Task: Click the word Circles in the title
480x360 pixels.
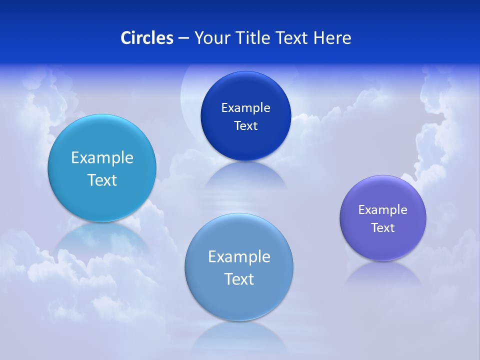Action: (147, 38)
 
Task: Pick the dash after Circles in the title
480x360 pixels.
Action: (183, 38)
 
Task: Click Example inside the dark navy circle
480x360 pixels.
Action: (245, 108)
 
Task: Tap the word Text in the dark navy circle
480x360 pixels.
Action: (245, 126)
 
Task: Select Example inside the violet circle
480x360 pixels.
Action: (382, 210)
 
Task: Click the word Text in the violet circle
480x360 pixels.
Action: (383, 228)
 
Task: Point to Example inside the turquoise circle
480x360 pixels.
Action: (102, 158)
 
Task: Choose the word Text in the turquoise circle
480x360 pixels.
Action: (102, 180)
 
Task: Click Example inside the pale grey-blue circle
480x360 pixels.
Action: (239, 257)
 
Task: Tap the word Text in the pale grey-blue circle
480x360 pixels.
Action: (239, 279)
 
